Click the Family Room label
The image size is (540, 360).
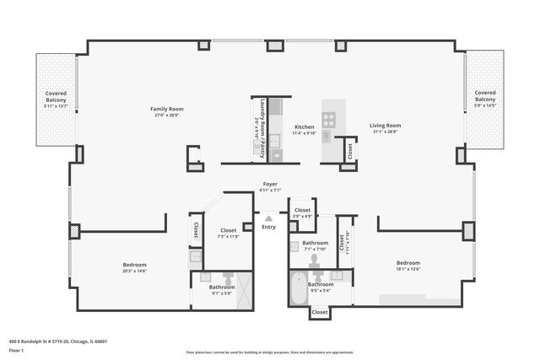[167, 109]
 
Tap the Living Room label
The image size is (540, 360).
[384, 126]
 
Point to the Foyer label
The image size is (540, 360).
[270, 184]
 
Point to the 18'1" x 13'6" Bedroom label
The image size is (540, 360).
[408, 263]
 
